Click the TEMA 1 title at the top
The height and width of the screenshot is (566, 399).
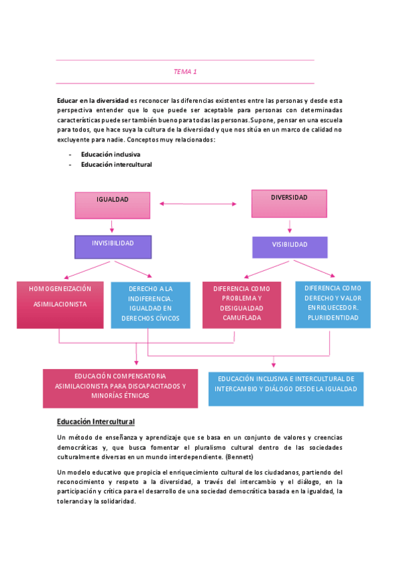(x=185, y=71)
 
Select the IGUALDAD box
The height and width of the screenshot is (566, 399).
(x=113, y=205)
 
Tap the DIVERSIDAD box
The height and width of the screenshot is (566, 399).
(x=289, y=203)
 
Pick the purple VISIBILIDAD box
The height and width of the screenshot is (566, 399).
(x=290, y=247)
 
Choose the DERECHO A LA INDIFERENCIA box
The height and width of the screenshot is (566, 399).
(x=150, y=304)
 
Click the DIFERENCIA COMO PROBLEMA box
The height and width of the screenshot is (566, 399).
(x=238, y=304)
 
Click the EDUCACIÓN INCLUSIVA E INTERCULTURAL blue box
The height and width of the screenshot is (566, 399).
(x=286, y=388)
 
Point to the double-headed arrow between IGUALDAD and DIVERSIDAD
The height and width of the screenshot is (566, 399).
(x=199, y=204)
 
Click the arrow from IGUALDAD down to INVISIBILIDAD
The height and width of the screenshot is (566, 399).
(x=113, y=226)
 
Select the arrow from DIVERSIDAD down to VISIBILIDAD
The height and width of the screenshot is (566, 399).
(x=289, y=227)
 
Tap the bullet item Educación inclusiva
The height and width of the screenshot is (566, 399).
(x=111, y=154)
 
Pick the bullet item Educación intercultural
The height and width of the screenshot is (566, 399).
(x=117, y=164)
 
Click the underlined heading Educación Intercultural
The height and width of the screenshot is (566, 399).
(x=96, y=422)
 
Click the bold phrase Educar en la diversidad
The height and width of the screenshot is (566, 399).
(x=93, y=99)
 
